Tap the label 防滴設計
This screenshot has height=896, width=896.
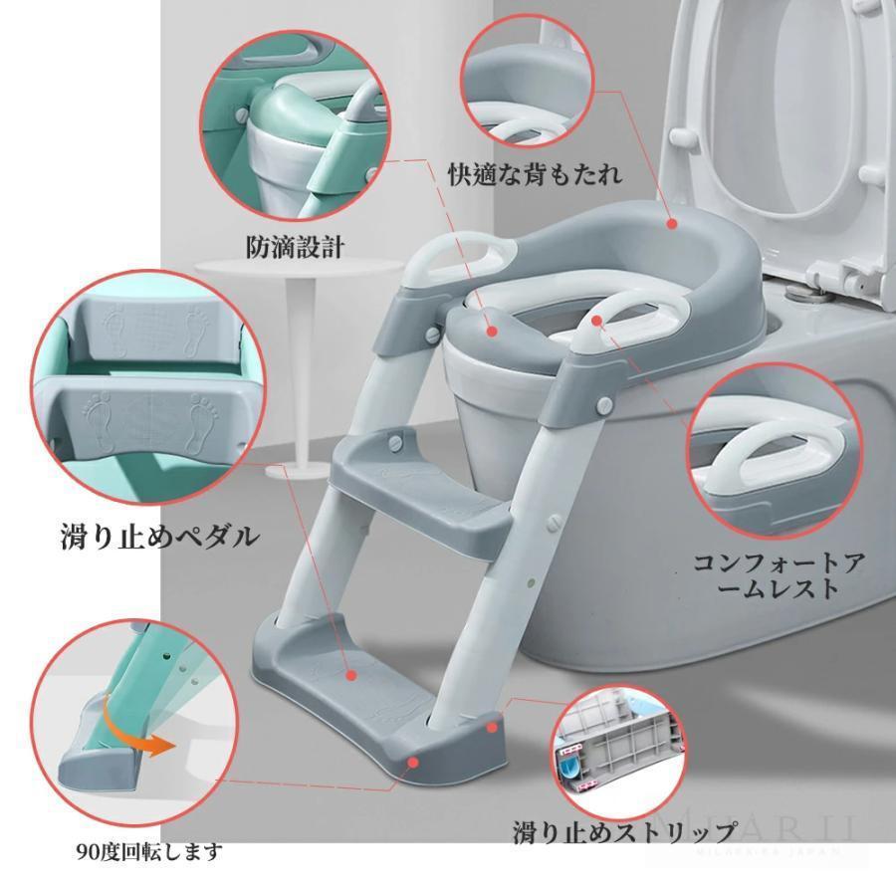(295, 246)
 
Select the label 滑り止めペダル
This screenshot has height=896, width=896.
(158, 538)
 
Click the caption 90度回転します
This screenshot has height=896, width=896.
(148, 852)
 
